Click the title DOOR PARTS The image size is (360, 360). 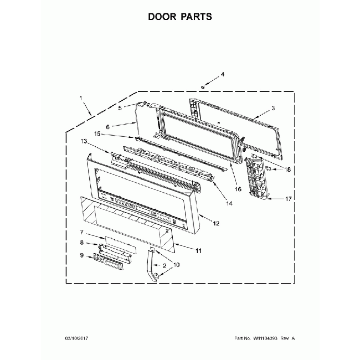(x=180, y=17)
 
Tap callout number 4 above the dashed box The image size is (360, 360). (x=223, y=74)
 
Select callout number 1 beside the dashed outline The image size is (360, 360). (x=81, y=98)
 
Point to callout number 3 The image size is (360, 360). (x=273, y=108)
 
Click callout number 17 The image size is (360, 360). (x=289, y=199)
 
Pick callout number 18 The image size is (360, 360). (x=287, y=169)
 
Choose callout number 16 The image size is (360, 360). (x=238, y=189)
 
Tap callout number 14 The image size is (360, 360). (x=229, y=203)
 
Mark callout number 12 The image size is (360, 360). (x=216, y=223)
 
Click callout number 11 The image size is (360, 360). (x=198, y=251)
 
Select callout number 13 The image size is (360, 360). (x=84, y=141)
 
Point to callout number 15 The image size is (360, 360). (x=97, y=133)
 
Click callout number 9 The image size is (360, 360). (x=82, y=255)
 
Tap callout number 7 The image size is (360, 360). (x=82, y=233)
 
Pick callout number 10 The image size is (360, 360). (x=176, y=265)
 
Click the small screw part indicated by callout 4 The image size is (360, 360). (x=203, y=87)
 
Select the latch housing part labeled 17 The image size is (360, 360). (x=256, y=178)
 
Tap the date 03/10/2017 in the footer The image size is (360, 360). (x=76, y=338)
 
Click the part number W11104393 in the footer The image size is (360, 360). (x=265, y=338)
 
